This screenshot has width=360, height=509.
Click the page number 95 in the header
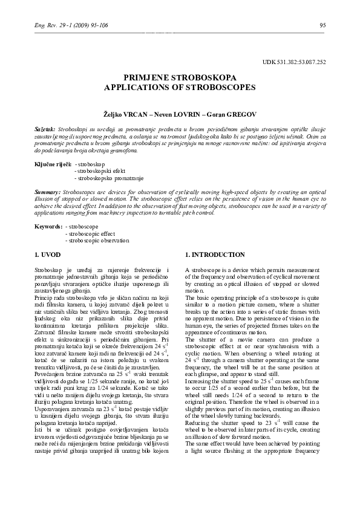pos(322,25)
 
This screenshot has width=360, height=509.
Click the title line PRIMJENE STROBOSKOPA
pos(180,78)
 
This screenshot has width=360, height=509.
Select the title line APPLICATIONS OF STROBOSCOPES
pos(180,87)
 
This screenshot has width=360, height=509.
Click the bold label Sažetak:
pos(45,129)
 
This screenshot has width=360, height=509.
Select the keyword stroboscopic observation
pos(100,241)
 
